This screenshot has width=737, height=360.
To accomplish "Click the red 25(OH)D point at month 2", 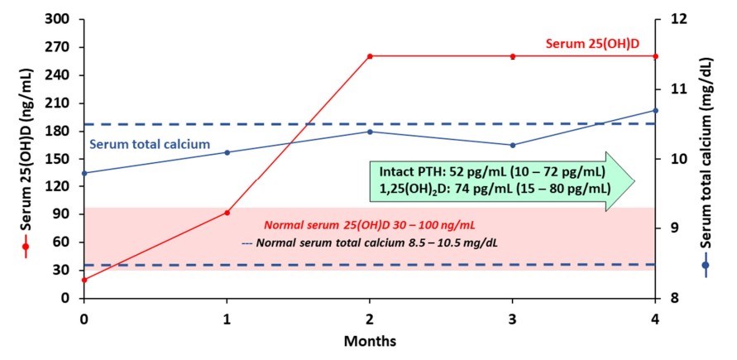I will click(x=370, y=56).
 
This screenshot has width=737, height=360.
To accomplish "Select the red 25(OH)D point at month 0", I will click(x=84, y=280).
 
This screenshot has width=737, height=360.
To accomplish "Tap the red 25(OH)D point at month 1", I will click(x=227, y=213).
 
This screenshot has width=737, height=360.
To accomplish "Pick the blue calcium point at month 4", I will click(x=655, y=110).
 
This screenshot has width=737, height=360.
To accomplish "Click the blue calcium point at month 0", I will click(x=84, y=173).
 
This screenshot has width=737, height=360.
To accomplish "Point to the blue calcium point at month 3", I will click(x=513, y=145).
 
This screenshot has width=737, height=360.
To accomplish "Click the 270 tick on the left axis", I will click(x=62, y=46).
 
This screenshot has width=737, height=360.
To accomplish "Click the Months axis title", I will click(x=370, y=340).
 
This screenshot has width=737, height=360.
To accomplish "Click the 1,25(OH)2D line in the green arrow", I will click(x=495, y=189).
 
